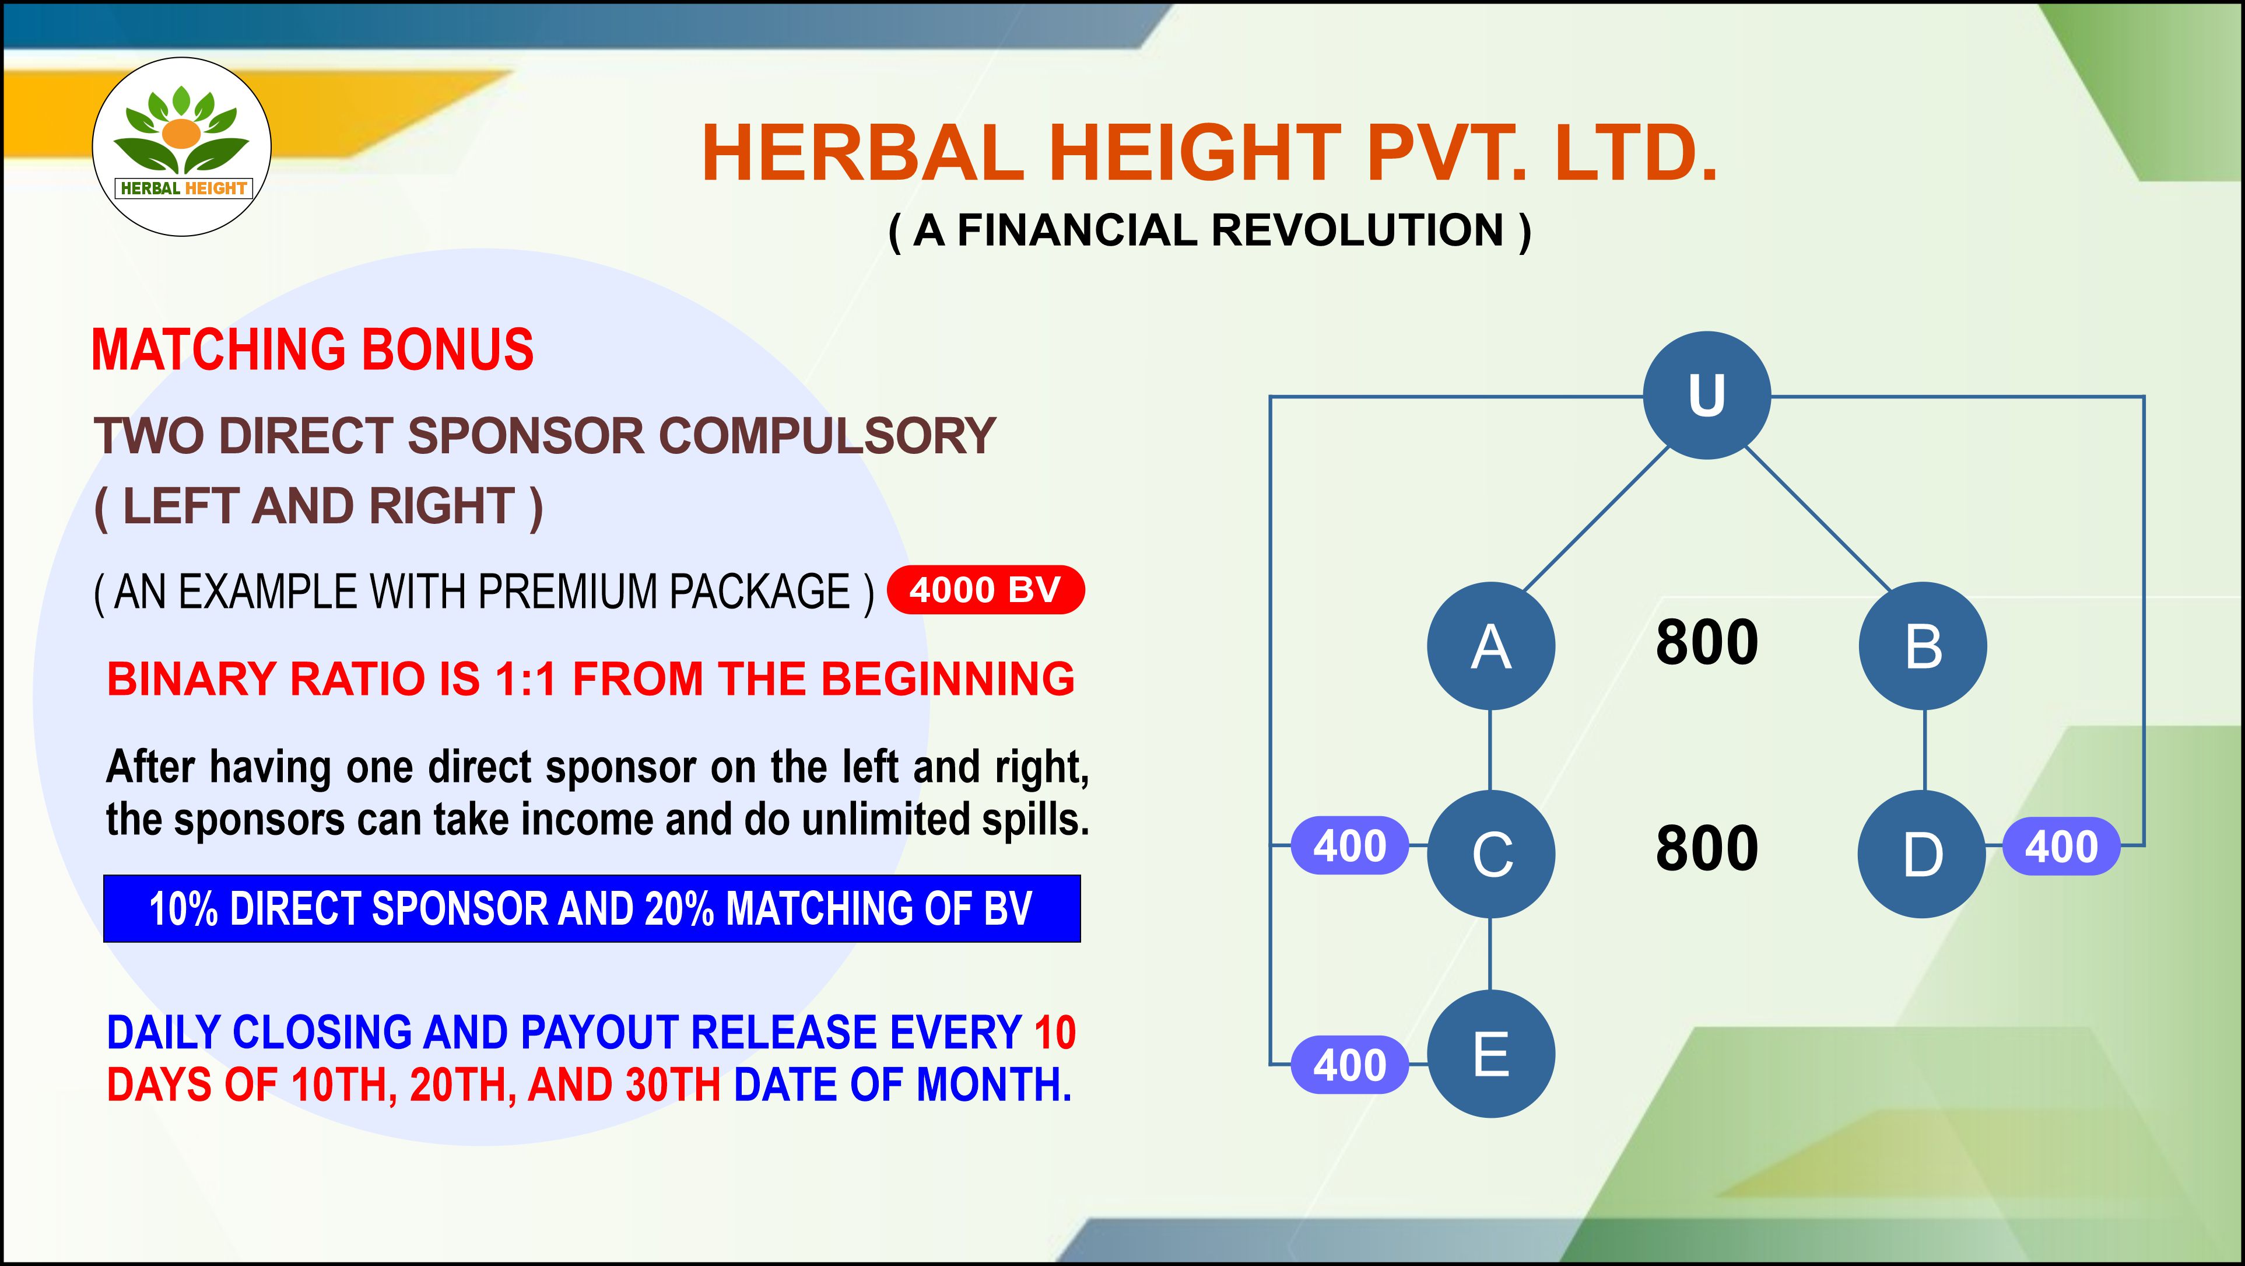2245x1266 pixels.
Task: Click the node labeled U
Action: [1706, 395]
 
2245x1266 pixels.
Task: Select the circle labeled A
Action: [1490, 646]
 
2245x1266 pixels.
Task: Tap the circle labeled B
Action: [1924, 646]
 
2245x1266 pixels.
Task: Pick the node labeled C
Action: [1490, 854]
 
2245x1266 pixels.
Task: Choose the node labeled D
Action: [1922, 854]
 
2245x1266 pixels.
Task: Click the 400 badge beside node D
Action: [2061, 846]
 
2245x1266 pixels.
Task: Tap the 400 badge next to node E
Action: [1349, 1065]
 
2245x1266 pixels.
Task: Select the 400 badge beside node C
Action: [1349, 846]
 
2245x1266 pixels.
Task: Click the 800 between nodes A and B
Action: [1706, 642]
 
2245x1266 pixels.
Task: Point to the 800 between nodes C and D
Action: [1706, 848]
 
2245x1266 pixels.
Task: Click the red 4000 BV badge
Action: [985, 590]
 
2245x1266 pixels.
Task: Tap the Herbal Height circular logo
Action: [182, 146]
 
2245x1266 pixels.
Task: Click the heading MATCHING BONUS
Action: [312, 349]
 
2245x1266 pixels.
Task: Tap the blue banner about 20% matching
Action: [592, 908]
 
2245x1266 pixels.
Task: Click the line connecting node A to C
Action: [1490, 750]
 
